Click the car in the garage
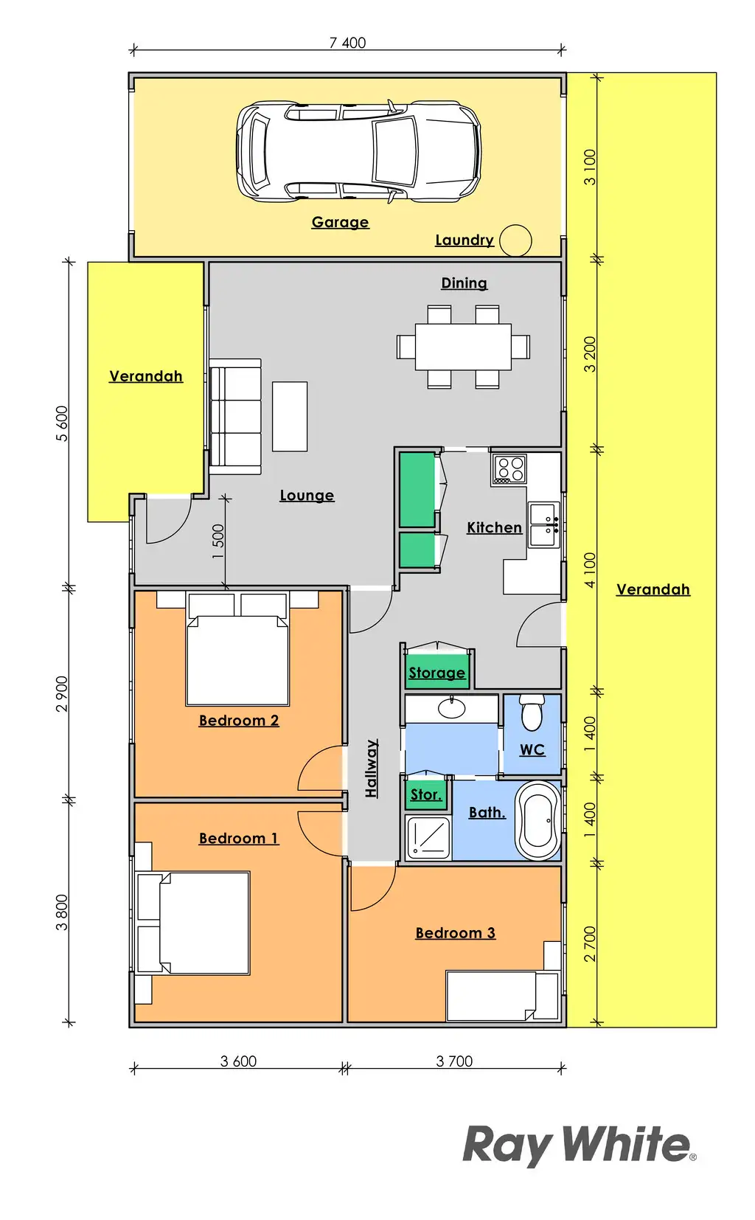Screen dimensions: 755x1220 359,151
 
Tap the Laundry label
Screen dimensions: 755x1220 465,240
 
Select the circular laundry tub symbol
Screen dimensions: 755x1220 515,240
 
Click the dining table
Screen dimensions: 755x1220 463,347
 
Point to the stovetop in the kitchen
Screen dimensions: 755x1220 509,469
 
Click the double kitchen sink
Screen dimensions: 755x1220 544,524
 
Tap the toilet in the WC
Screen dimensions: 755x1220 532,713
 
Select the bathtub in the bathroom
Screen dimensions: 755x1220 537,820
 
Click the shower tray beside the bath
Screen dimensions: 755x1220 428,837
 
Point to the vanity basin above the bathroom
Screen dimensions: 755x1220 451,708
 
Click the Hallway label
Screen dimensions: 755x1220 372,769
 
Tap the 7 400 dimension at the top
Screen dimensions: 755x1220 347,43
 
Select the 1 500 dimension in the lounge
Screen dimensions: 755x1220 218,541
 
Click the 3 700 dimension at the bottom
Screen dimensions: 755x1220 454,1061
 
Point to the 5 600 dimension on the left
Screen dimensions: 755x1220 62,423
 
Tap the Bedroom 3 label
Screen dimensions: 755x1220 456,933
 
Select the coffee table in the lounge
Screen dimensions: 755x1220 290,416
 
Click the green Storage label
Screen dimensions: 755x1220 437,673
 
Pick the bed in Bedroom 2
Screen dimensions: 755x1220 238,650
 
